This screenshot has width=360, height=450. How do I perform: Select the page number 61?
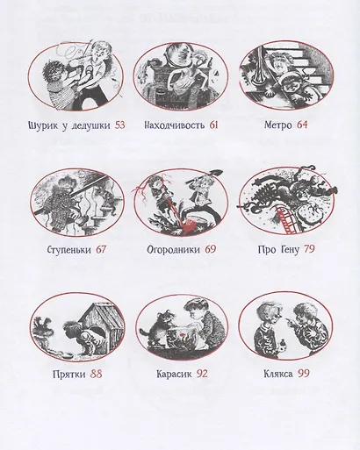[x=214, y=125]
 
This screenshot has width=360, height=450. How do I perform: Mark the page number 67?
[x=101, y=249]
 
